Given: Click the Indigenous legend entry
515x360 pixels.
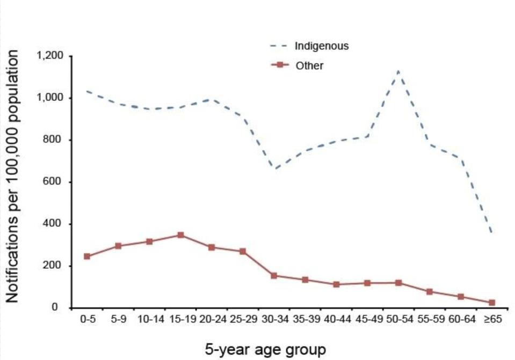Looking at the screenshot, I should tap(321, 46).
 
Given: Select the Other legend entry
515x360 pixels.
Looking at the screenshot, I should tap(309, 66).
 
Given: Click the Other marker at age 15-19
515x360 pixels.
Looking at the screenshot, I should tap(180, 235).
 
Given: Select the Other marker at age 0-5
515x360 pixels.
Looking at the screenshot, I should tap(87, 256).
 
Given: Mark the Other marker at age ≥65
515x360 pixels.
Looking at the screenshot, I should tap(491, 303).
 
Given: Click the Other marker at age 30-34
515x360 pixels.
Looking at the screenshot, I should tap(274, 276).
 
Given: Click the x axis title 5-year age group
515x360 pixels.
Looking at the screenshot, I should tap(265, 350).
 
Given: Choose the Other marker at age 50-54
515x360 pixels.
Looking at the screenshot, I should tap(398, 283).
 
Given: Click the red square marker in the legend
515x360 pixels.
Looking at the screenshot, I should tap(278, 65).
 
